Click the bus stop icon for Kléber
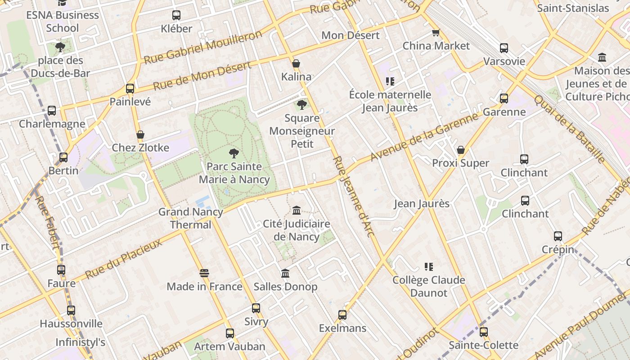click(176, 15)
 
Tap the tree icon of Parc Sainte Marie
click(234, 153)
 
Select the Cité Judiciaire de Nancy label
click(297, 230)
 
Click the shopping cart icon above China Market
click(435, 33)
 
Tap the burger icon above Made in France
click(204, 273)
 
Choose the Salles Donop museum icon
click(285, 273)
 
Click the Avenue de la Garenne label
click(424, 137)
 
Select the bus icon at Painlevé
click(130, 88)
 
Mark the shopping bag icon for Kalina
click(296, 63)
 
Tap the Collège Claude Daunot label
click(428, 286)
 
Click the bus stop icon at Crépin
click(558, 236)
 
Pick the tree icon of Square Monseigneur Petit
click(302, 105)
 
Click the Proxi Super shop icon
click(460, 150)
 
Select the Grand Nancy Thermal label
click(190, 218)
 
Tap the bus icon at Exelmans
click(342, 315)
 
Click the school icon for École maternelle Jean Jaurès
click(390, 81)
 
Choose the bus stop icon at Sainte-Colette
click(484, 332)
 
